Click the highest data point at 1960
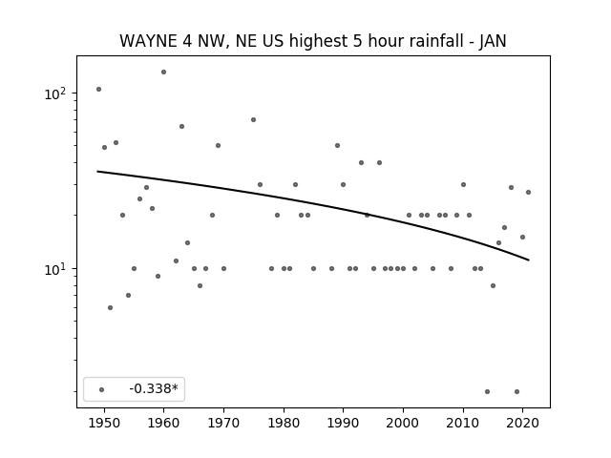(x=163, y=73)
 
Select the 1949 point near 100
(x=98, y=89)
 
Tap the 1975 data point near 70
(x=253, y=119)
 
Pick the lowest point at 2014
(x=487, y=391)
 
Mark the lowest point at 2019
(x=516, y=391)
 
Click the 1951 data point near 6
(x=111, y=307)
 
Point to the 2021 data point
(x=528, y=192)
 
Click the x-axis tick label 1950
(x=104, y=424)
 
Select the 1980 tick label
(x=284, y=424)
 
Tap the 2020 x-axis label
(x=522, y=424)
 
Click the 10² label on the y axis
(x=57, y=94)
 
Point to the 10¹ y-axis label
(x=57, y=269)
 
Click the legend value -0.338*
(x=154, y=388)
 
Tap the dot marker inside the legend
(x=102, y=389)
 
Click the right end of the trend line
(x=529, y=260)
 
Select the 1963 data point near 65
(x=181, y=126)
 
